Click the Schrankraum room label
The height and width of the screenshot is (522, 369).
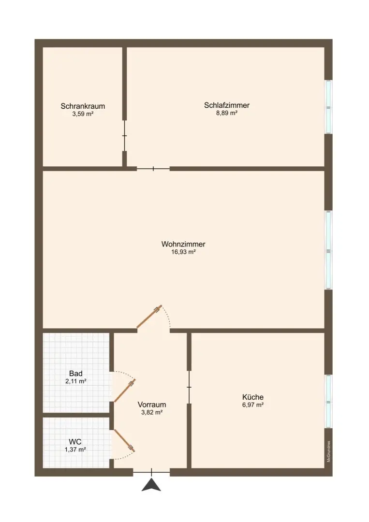[83, 106]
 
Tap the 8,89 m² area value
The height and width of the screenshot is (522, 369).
[226, 113]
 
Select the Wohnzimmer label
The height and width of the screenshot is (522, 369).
[183, 244]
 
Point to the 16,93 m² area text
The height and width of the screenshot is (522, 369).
[183, 252]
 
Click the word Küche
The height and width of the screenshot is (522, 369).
[253, 397]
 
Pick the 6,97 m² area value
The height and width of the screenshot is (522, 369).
[253, 405]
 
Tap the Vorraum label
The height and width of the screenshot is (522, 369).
[152, 405]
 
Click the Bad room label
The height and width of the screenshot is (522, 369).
[76, 374]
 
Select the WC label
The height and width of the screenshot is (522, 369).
[75, 442]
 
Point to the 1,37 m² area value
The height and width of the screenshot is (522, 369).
[75, 449]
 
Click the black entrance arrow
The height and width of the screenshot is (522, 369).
[151, 485]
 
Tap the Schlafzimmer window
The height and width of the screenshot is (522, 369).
[329, 107]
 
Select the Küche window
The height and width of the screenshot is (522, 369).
[329, 401]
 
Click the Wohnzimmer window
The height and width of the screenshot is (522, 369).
[329, 250]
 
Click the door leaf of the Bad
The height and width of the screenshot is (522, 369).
[125, 390]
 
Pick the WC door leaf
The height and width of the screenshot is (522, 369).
[125, 441]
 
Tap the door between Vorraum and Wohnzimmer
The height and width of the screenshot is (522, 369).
[149, 317]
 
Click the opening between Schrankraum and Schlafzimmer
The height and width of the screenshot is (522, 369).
[125, 136]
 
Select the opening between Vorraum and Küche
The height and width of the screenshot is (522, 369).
[189, 387]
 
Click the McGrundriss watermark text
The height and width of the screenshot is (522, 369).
[329, 451]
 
